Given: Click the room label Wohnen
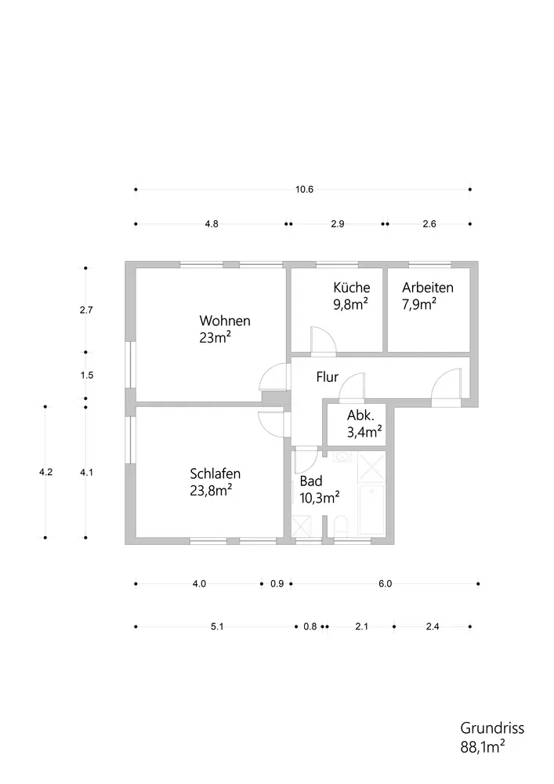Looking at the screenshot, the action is pos(225,321).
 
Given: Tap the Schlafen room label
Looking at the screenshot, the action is pos(215,474).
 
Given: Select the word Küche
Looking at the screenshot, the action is pos(351,288).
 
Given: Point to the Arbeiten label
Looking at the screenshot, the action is pos(428,288).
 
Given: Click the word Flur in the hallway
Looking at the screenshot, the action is pos(327,377).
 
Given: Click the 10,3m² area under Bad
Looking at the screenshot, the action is pos(320,496).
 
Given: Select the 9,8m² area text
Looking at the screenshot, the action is pos(351,305).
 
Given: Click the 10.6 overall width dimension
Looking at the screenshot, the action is pos(304,190).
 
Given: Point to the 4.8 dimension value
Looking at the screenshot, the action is pos(211,224).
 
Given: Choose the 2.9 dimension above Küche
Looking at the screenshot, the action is pos(337,224).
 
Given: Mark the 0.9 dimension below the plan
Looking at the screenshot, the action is pos(277,583).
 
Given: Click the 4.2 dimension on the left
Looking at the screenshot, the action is pos(45,472).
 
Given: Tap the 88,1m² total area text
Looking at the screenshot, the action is pos(482,746).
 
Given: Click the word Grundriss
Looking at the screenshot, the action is pos(491,728).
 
